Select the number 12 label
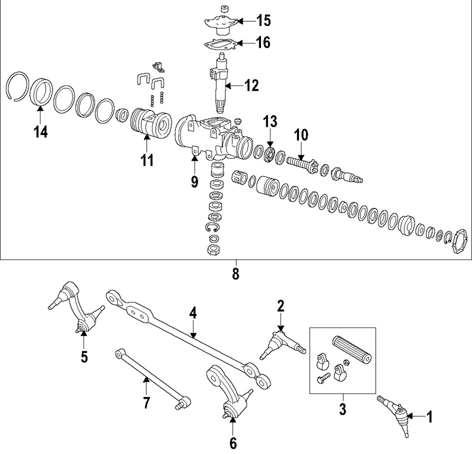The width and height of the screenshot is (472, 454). [x=252, y=85]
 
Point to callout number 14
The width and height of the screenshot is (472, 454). [x=41, y=133]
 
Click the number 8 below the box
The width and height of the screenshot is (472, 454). [x=236, y=274]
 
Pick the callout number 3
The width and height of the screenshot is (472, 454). [x=342, y=408]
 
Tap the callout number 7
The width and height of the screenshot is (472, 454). [x=146, y=403]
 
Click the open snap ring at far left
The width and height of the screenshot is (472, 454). [x=19, y=87]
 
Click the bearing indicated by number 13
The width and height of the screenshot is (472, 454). [x=270, y=155]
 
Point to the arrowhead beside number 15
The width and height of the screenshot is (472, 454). [x=239, y=21]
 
